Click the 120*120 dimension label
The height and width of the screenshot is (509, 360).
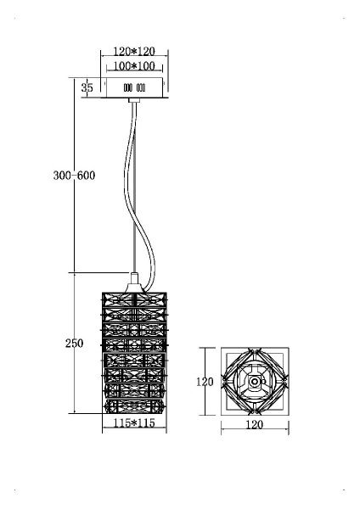pos(134,51)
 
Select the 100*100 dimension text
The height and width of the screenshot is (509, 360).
pos(134,66)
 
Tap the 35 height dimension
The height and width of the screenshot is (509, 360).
pos(87,87)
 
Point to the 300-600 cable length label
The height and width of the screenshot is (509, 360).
pos(74,176)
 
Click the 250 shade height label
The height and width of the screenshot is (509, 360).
pos(74,343)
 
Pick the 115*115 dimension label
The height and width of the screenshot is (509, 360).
pos(134,423)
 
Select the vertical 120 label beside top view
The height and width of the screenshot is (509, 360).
pos(205,382)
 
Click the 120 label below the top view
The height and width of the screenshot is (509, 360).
pos(255,425)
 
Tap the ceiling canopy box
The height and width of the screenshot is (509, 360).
pos(134,87)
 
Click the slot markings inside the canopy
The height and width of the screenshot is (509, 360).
pos(134,87)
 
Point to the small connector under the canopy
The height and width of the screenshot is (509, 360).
pos(134,100)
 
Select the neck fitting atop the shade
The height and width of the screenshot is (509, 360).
pos(134,282)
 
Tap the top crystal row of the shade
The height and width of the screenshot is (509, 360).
pos(134,299)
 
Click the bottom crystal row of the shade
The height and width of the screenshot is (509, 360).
pos(134,406)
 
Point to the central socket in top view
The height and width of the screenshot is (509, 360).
pos(255,382)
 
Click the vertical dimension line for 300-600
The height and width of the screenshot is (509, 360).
pos(75,176)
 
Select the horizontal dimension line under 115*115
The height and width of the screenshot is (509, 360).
pos(134,428)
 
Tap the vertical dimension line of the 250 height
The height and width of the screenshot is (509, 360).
pos(75,343)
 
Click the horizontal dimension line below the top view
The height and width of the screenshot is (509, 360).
pos(255,429)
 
